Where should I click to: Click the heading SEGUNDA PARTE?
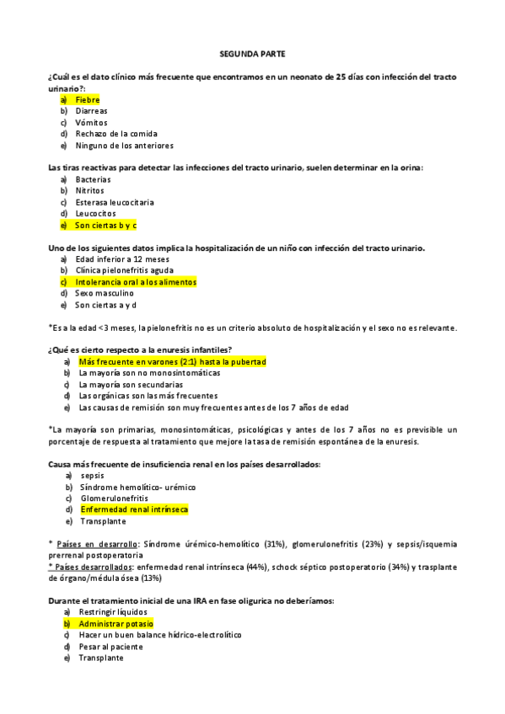(252, 53)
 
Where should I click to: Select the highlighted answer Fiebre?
(87, 99)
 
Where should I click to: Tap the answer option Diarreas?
(91, 110)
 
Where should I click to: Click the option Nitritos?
(90, 190)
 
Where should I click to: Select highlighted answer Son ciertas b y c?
(105, 226)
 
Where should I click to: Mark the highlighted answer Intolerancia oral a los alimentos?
(135, 282)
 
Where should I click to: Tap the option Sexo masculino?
(105, 293)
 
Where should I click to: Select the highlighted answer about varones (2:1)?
(172, 361)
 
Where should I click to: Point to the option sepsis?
(92, 476)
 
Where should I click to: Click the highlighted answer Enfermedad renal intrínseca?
(134, 509)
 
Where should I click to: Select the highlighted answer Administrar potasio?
(116, 624)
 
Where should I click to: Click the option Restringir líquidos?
(112, 612)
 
